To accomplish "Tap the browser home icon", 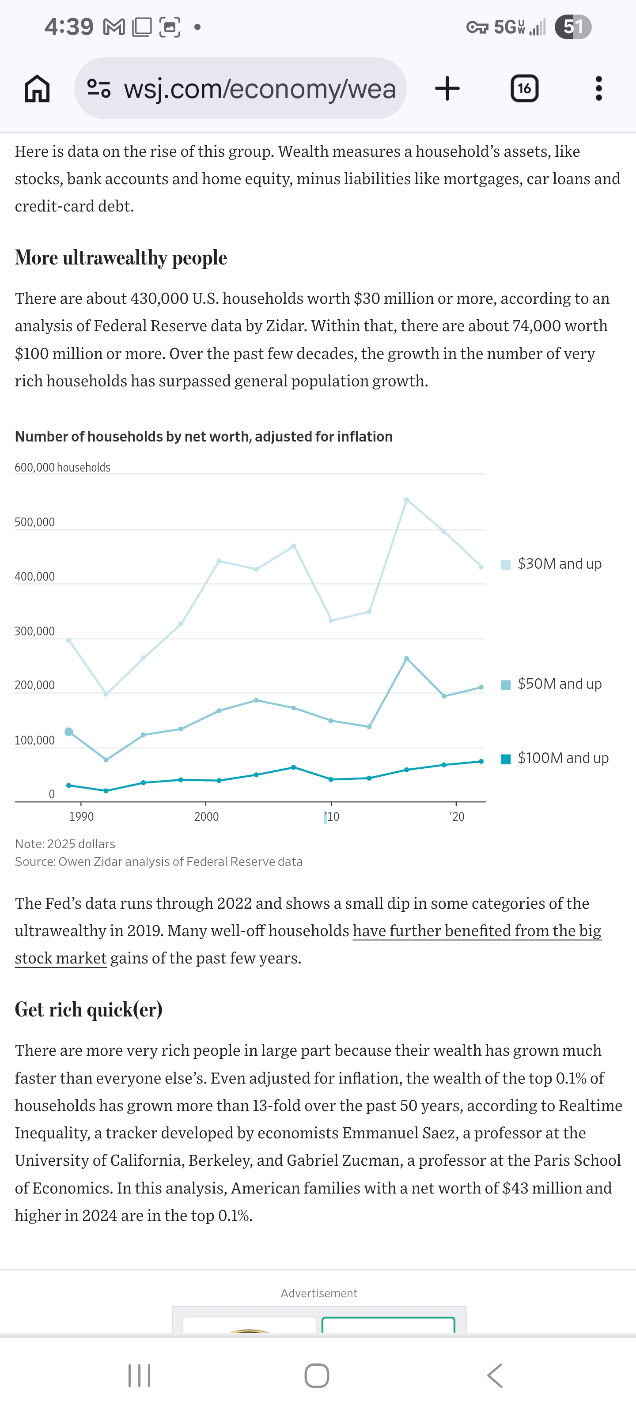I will [x=37, y=88].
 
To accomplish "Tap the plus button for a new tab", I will [x=447, y=88].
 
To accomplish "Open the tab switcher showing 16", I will [x=524, y=88].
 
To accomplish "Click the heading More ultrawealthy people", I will [x=121, y=258].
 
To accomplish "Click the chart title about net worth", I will [x=204, y=437].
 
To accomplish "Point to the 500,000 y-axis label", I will [x=34, y=522].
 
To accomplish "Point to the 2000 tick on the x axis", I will [x=206, y=816].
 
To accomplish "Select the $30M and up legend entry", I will [x=559, y=564].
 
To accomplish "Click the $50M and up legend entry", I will [x=559, y=684].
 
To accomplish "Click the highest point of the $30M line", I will [x=406, y=500].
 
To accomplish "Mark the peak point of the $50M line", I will [x=406, y=658].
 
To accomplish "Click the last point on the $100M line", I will [x=481, y=761].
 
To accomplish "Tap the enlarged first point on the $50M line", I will [x=68, y=732].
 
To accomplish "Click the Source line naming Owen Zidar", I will [x=159, y=862].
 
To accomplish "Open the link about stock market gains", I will [x=476, y=931].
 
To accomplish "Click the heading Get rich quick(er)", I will [x=88, y=1010].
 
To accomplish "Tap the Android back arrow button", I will [x=494, y=1376].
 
